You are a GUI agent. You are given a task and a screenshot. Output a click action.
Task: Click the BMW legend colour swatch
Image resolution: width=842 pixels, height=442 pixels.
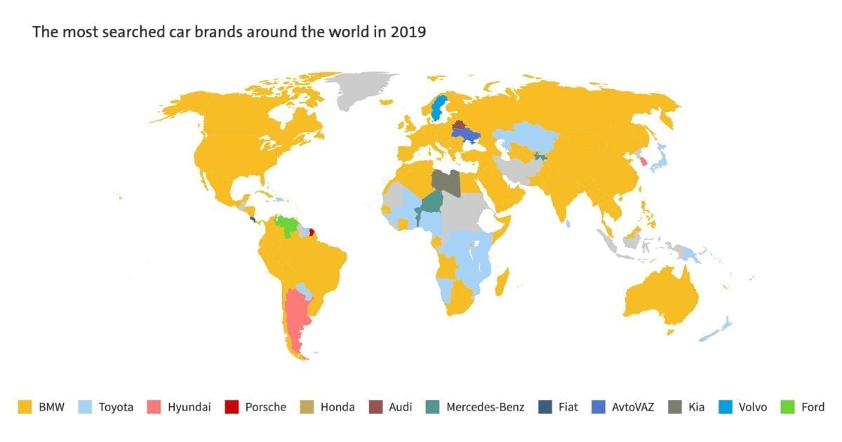click(24, 407)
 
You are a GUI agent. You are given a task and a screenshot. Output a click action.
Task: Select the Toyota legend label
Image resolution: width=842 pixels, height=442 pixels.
click(116, 407)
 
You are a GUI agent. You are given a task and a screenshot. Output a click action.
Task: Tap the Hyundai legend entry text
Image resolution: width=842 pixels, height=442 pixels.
click(189, 407)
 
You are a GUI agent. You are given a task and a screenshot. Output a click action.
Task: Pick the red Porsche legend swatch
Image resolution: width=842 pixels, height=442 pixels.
click(231, 407)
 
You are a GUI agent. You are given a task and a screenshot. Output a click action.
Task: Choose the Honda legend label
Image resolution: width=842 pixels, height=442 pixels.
click(337, 407)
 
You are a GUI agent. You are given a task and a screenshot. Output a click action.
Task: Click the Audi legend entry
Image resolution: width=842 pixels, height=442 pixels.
click(400, 407)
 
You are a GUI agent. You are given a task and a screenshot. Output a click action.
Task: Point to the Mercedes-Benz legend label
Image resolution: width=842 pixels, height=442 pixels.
click(485, 407)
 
